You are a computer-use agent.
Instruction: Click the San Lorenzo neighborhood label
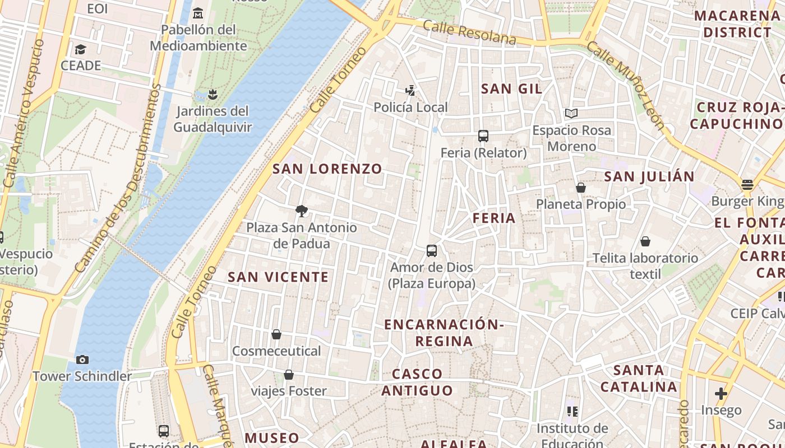(327, 169)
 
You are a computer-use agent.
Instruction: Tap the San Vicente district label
(278, 277)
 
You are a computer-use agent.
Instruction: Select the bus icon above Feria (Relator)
(483, 136)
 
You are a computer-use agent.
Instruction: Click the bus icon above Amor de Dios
(431, 251)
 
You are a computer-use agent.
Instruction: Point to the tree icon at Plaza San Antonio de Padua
(302, 211)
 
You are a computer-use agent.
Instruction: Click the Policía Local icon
(411, 90)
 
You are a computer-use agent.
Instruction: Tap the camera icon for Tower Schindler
(82, 360)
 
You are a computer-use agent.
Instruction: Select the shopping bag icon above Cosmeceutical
(276, 334)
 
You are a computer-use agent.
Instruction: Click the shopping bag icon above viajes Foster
(289, 374)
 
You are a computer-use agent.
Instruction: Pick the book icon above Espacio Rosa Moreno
(571, 114)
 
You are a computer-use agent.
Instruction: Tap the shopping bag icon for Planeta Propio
(581, 188)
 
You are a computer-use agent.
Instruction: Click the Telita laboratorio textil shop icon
(645, 241)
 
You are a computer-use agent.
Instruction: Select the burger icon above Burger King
(747, 184)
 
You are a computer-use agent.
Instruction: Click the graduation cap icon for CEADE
(81, 49)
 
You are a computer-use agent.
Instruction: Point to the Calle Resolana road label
(469, 32)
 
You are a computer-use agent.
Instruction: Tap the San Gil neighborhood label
(511, 88)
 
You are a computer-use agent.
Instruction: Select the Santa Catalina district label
(639, 379)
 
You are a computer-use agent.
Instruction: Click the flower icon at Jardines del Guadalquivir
(212, 94)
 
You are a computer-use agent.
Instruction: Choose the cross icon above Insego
(721, 394)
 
